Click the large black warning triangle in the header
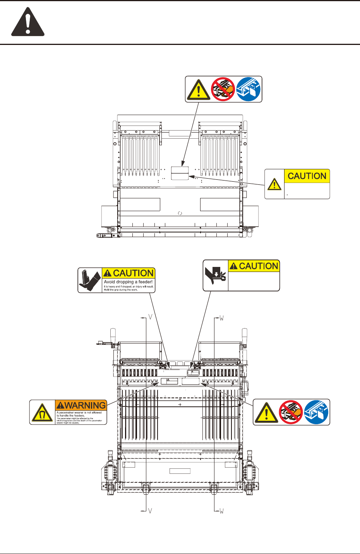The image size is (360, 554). tap(27, 23)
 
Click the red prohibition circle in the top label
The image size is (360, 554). tap(223, 89)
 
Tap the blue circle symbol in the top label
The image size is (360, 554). tap(249, 89)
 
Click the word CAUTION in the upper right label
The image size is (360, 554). tap(307, 176)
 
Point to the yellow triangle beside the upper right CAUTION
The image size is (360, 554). tap(274, 184)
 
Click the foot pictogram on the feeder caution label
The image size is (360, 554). tap(90, 280)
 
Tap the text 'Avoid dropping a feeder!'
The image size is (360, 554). tap(128, 282)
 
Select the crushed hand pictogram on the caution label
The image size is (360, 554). tap(216, 275)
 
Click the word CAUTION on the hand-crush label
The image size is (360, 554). tap(259, 266)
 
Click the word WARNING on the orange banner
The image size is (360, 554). tap(85, 405)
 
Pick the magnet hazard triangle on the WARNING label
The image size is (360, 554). tap(43, 413)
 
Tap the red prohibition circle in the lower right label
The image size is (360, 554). tap(291, 412)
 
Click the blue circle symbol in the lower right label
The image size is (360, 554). tap(316, 412)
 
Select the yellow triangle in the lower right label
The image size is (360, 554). tap(266, 413)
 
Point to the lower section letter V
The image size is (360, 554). tap(150, 511)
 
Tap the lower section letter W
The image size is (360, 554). tap(221, 511)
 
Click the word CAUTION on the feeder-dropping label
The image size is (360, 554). tap(133, 273)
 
